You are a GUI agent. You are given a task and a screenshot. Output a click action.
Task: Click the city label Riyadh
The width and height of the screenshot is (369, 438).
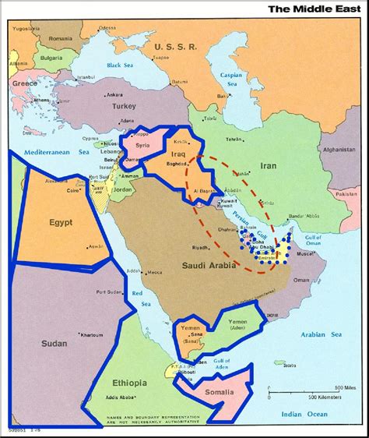[x=201, y=247]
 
